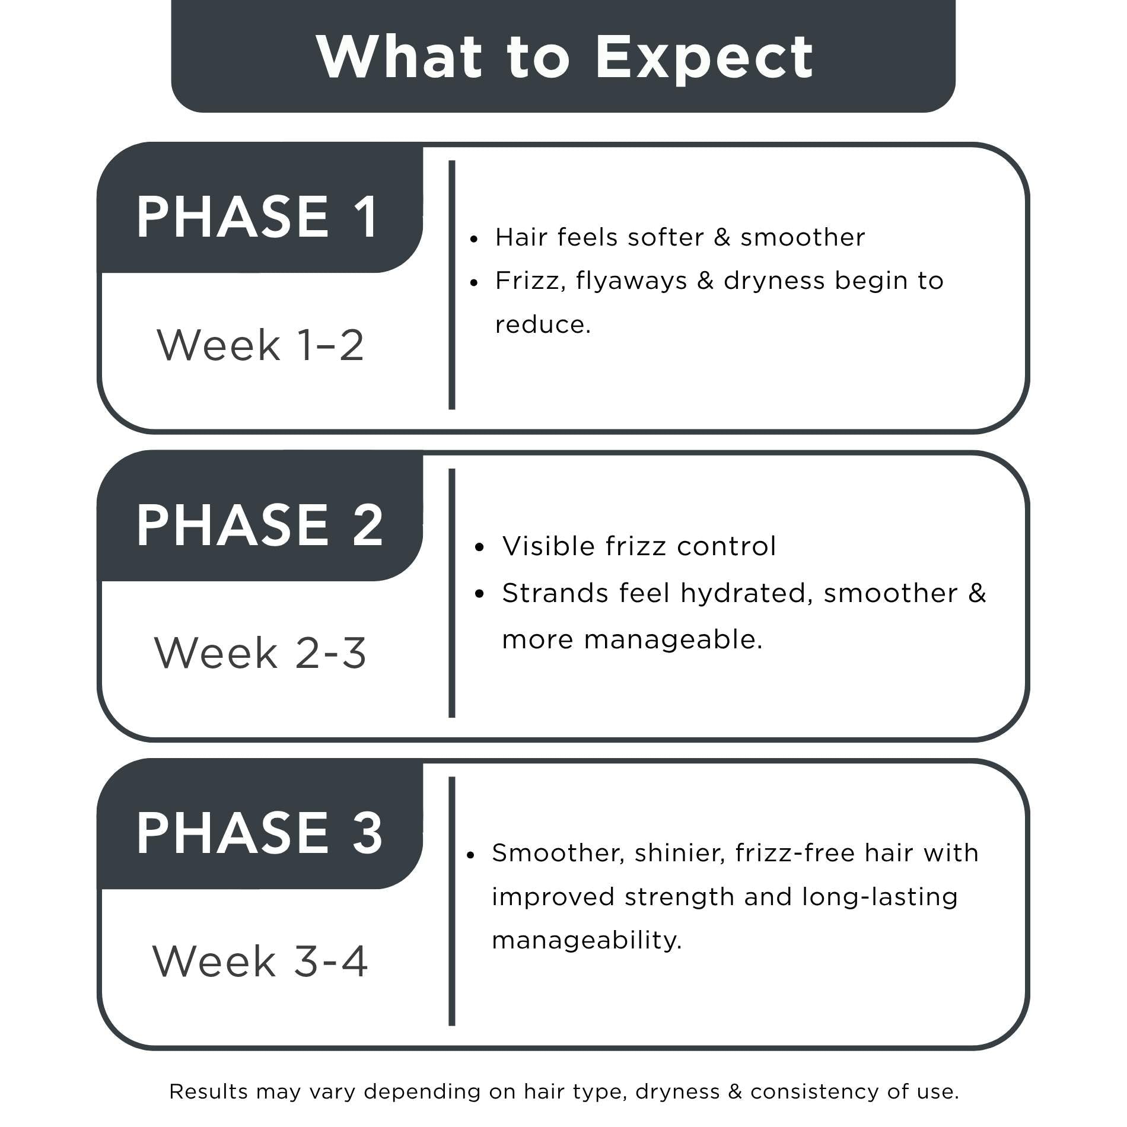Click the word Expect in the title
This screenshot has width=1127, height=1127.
pos(704,58)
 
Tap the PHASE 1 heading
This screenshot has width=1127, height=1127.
pos(257,217)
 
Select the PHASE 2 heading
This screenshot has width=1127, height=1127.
pos(260,525)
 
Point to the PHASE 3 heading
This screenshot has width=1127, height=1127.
pos(260,833)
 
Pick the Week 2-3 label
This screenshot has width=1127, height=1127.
pos(260,652)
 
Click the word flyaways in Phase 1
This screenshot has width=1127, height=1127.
pos(631,281)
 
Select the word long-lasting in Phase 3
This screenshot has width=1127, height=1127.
pos(880,898)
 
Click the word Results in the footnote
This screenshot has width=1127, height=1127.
pos(209,1091)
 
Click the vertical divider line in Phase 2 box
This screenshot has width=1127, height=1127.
pos(452,593)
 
